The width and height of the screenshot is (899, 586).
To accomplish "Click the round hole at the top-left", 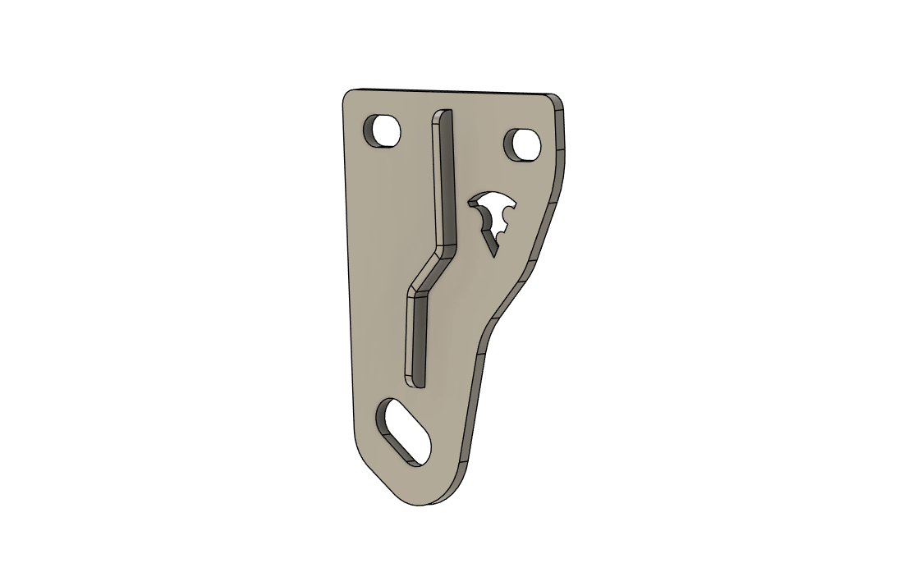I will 383,130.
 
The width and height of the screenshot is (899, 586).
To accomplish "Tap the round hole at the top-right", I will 522,144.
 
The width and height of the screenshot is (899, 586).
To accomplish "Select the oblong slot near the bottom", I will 404,432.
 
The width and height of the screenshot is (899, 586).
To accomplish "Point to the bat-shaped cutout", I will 493,215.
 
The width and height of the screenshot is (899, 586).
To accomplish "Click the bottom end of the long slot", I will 415,381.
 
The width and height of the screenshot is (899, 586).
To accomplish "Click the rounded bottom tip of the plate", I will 423,500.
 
